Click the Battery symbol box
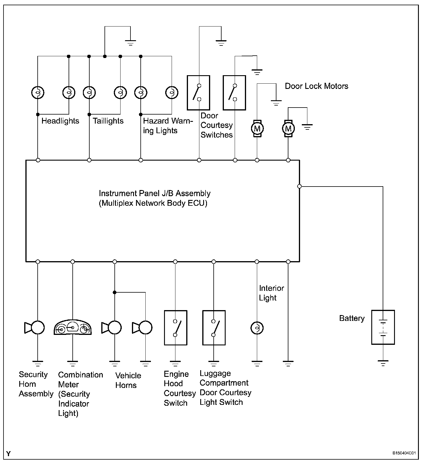(383, 327)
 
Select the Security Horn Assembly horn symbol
(35, 328)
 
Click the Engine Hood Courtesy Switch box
(175, 328)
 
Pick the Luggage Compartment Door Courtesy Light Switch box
(214, 328)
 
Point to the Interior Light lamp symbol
(257, 328)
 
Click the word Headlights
(60, 121)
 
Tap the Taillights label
(108, 121)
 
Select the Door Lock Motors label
(316, 86)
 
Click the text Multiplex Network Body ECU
(153, 203)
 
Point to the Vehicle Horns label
(128, 380)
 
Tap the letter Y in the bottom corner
(8, 454)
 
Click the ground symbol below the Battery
(383, 363)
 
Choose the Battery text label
(352, 318)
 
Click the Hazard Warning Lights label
(168, 126)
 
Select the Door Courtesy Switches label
(216, 125)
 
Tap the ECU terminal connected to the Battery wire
(299, 186)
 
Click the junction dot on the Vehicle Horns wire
(115, 292)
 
